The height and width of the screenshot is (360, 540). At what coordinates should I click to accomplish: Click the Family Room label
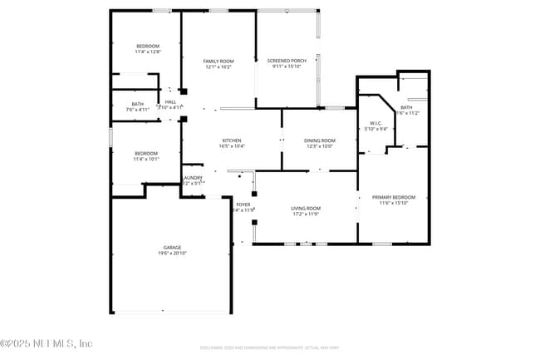point(219,62)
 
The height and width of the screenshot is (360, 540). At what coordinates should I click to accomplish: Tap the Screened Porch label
point(286,62)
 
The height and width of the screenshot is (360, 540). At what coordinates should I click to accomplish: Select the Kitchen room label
point(232,141)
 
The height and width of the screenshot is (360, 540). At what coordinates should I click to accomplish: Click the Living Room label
point(306,208)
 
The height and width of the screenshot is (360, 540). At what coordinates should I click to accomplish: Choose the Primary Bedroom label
point(393,197)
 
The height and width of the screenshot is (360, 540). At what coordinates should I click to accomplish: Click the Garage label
point(172,247)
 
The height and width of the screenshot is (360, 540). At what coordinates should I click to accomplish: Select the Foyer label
point(243,205)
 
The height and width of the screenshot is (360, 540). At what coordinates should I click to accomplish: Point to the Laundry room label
point(193,178)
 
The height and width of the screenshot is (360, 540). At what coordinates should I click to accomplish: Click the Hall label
point(170,102)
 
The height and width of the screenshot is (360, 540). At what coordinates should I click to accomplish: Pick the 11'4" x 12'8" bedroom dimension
point(147,52)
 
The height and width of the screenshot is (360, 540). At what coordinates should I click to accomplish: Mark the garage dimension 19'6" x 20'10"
point(172,253)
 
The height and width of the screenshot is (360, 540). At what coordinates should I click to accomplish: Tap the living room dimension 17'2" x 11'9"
point(306,214)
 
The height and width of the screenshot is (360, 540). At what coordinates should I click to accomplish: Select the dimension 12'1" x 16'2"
point(219,67)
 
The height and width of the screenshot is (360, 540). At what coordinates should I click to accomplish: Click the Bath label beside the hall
point(138,103)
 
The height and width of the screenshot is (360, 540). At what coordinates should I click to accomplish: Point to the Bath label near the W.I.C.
point(406,107)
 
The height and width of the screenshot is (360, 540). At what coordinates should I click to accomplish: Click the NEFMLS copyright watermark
point(47,343)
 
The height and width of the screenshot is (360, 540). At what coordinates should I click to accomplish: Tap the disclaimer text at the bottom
point(269,347)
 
